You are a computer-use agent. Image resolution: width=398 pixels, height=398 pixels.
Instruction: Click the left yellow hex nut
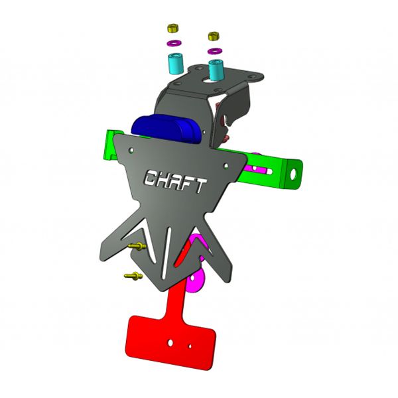tap(174, 28)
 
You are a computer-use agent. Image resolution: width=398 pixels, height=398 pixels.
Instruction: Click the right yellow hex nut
tap(214, 36)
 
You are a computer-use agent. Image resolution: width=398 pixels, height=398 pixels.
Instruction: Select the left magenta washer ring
tap(174, 42)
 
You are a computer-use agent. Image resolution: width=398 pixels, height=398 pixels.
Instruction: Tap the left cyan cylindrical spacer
tap(175, 64)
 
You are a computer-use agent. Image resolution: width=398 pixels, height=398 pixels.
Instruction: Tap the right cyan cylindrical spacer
tap(216, 70)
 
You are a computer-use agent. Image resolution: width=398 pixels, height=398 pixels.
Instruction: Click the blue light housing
tap(166, 129)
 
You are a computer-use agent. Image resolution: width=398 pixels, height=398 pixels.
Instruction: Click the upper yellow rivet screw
tap(137, 245)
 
